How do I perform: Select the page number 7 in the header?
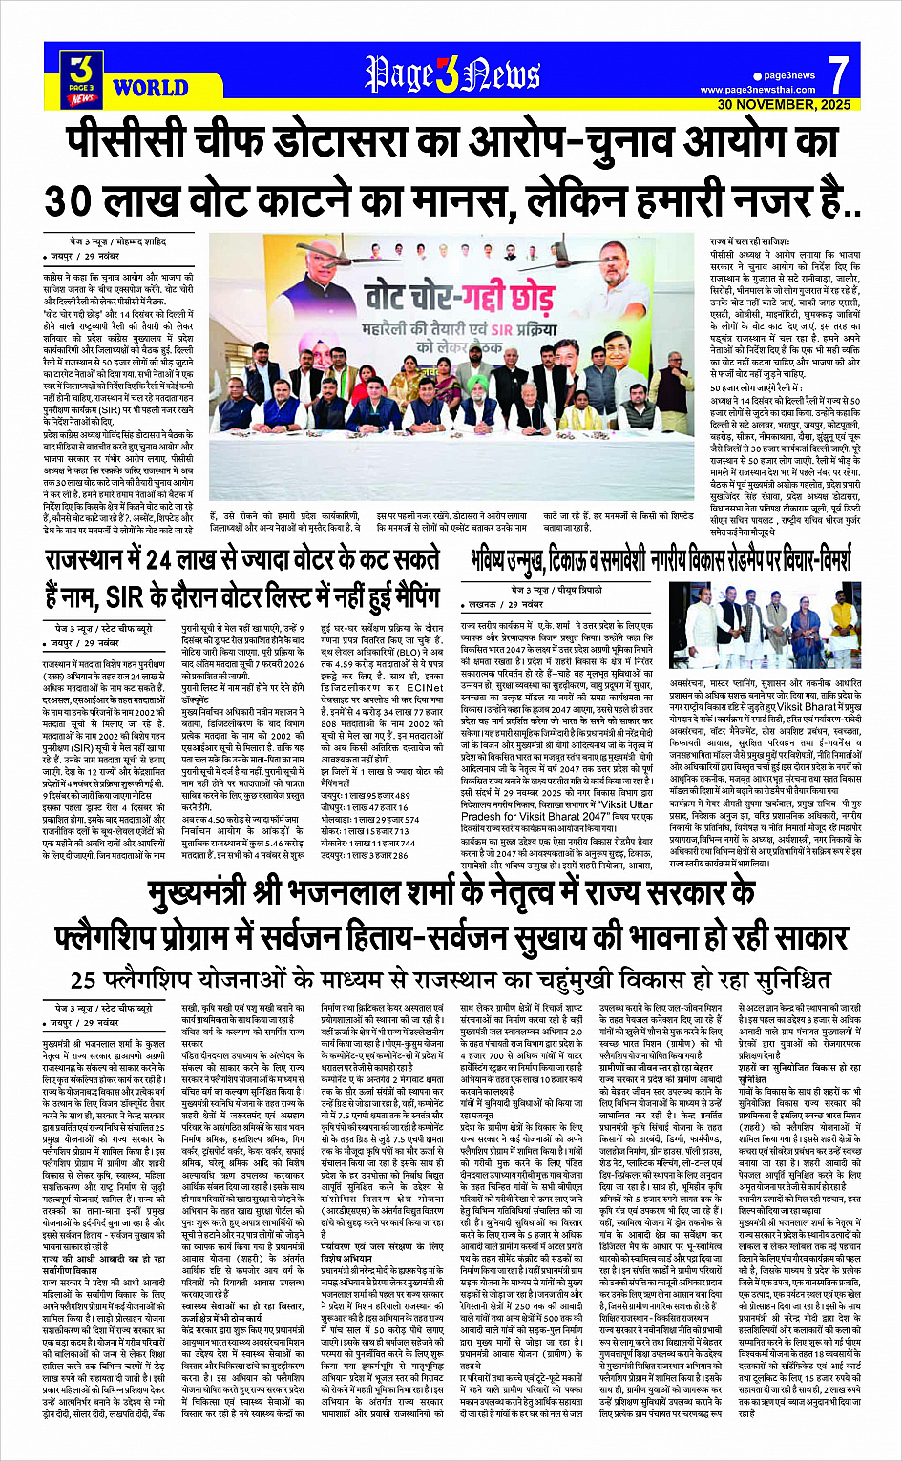point(838,73)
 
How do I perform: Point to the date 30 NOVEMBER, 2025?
point(784,104)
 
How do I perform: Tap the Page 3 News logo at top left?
point(82,76)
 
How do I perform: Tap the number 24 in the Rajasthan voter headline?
point(161,560)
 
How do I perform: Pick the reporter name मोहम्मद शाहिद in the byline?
point(141,242)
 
